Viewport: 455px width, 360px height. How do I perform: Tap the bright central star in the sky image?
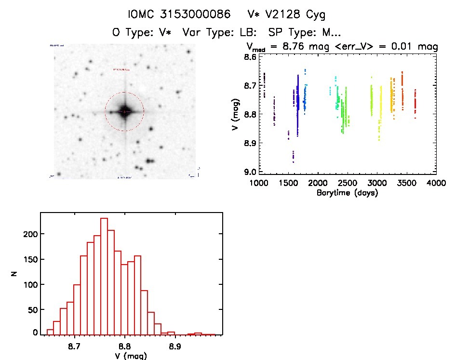pyautogui.click(x=124, y=111)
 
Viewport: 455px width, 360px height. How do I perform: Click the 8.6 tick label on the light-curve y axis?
pyautogui.click(x=250, y=57)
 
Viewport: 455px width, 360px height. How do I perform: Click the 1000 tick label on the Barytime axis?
pyautogui.click(x=259, y=183)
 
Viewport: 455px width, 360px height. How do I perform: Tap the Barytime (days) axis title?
pyautogui.click(x=347, y=193)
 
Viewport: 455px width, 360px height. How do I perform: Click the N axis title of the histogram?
pyautogui.click(x=14, y=273)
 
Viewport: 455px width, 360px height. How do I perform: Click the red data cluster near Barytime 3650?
pyautogui.click(x=415, y=102)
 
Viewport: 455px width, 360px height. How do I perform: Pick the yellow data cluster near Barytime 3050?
pyautogui.click(x=380, y=108)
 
